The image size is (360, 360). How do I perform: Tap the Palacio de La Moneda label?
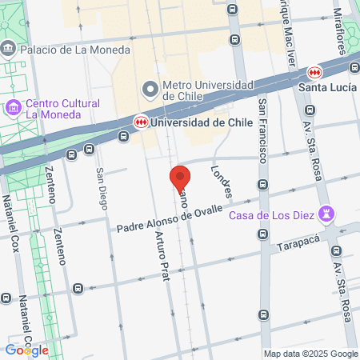75,50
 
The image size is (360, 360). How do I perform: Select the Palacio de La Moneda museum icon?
9,49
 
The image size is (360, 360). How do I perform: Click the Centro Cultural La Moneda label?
62,110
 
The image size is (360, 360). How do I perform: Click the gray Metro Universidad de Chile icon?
148,87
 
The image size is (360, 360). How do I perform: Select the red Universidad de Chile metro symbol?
142,122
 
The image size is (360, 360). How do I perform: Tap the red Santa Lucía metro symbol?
318,72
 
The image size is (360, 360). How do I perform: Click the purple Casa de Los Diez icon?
326,214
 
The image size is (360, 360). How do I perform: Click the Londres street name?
222,182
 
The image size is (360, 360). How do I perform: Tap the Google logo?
26,350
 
